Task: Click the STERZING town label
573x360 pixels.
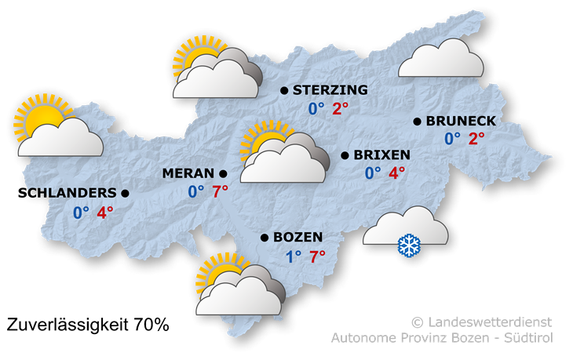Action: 330,91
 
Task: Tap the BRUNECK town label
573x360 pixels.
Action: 461,121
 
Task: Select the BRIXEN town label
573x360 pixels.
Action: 381,155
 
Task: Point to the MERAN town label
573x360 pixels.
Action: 188,173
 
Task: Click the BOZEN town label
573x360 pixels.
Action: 298,237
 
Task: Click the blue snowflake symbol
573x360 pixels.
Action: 408,245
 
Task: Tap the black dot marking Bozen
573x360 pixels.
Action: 265,237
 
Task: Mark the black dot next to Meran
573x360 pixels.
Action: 223,173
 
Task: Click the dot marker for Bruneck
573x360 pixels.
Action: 418,121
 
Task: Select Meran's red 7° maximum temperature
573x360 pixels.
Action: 220,191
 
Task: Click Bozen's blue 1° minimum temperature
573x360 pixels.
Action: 294,256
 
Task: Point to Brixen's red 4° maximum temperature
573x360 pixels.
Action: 397,173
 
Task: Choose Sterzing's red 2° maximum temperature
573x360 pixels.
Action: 341,109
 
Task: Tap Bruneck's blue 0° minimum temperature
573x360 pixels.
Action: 452,139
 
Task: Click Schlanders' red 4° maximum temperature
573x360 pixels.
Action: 105,213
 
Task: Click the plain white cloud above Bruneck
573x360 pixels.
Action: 440,61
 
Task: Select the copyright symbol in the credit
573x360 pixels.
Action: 417,322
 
